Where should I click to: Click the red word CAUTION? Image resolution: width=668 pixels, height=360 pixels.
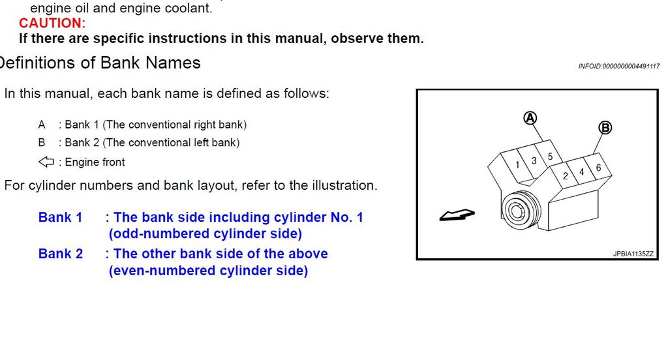pos(52,23)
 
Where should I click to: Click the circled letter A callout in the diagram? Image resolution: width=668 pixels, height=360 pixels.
pos(530,118)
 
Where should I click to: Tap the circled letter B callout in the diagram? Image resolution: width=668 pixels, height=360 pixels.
pos(605,127)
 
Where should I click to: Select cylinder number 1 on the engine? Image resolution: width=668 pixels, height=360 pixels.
pos(517,165)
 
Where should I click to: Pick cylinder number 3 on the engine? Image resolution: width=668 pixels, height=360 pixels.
pos(534,161)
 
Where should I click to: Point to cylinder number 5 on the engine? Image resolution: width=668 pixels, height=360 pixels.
pos(550,157)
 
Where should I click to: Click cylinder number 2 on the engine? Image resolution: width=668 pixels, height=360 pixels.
pos(566,176)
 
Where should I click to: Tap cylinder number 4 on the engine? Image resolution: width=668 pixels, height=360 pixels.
pos(581,172)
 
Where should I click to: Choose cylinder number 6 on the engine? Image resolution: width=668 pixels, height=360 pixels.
pos(599,168)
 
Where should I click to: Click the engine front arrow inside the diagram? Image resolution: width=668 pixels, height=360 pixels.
pos(457,215)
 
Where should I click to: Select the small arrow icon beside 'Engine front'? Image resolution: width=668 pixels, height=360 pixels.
pos(46,162)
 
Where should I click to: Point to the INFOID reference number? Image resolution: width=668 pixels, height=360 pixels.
pos(619,66)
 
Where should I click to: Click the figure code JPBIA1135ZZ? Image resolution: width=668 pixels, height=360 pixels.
pos(633,254)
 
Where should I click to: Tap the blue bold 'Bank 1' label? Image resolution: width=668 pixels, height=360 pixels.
pos(60,217)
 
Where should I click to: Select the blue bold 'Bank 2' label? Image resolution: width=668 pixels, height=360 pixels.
pos(61,254)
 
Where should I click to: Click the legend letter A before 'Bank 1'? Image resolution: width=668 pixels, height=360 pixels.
pos(41,125)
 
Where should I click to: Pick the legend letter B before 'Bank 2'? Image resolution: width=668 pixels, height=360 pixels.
pos(41,142)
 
